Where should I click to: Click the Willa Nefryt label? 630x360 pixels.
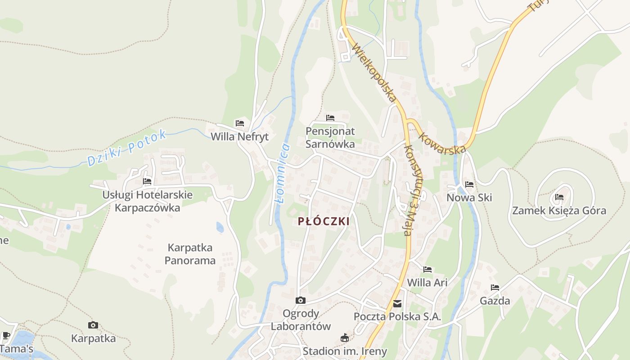tap(239, 136)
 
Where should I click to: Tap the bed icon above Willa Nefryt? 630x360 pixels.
tap(240, 123)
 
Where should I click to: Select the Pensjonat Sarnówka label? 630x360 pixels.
tap(330, 138)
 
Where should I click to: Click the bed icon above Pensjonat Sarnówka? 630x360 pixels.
tap(330, 118)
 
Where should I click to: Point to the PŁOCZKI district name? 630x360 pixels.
tap(324, 221)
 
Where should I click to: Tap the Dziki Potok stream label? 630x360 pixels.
tap(127, 148)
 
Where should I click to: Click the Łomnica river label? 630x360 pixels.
tap(282, 174)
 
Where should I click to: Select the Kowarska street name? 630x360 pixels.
tap(442, 143)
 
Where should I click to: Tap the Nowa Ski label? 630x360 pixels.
tap(469, 198)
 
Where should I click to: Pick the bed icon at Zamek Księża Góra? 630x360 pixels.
tap(559, 197)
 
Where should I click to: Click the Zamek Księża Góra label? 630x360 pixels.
tap(559, 211)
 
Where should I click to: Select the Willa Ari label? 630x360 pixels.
tap(427, 283)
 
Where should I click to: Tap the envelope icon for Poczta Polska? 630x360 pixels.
tap(397, 304)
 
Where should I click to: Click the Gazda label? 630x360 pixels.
tap(495, 301)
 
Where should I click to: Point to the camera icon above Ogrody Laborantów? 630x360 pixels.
tap(301, 300)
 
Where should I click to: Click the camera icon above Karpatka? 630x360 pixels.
tap(93, 325)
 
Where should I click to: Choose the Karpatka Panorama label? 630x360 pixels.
tap(190, 254)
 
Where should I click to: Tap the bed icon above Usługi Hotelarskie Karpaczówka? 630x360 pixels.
tap(147, 181)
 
